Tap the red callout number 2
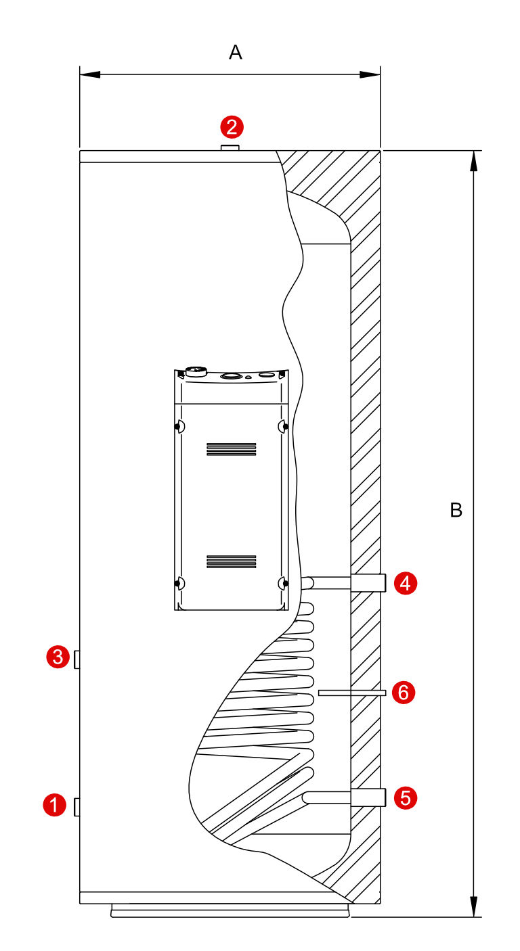point(232,126)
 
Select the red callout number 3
point(58,657)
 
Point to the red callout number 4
point(406,583)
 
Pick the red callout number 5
point(406,797)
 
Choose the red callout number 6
point(403,693)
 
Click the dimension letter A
point(236,52)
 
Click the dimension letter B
point(456,510)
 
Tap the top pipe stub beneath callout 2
point(230,147)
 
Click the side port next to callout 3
point(77,659)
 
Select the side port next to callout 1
point(77,807)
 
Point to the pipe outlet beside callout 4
point(368,582)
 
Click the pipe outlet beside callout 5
point(368,797)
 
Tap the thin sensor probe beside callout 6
point(352,693)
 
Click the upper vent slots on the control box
point(232,448)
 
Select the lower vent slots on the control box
point(232,561)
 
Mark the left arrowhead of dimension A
point(90,74)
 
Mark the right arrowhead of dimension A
point(370,74)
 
